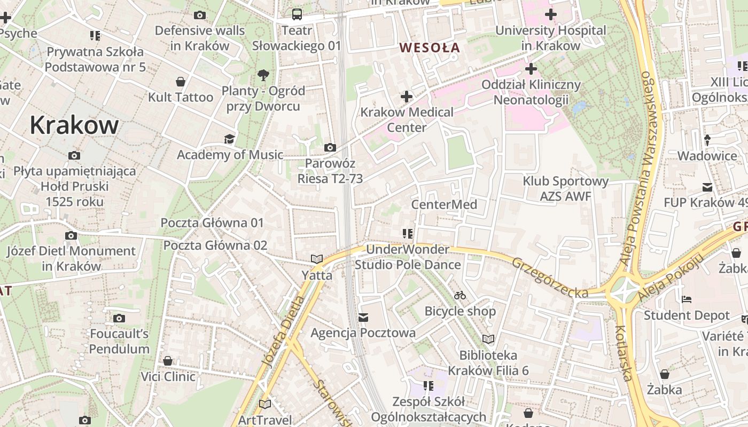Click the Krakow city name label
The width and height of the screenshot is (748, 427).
click(74, 125)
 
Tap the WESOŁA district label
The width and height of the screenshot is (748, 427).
click(430, 48)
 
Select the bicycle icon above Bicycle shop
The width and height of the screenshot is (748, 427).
click(460, 295)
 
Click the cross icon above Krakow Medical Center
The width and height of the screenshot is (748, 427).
click(407, 97)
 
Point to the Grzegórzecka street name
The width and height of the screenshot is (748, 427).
click(550, 278)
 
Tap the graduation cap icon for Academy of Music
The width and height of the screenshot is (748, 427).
click(229, 139)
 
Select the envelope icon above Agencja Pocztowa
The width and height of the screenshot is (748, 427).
click(363, 318)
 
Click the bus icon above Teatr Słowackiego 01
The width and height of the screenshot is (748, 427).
click(297, 14)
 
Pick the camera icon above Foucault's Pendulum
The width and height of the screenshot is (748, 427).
click(119, 319)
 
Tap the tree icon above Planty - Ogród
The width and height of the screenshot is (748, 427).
click(263, 75)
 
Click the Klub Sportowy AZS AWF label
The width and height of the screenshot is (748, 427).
click(565, 188)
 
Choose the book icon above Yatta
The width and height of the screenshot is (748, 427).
click(317, 259)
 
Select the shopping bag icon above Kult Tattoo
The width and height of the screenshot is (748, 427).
click(181, 82)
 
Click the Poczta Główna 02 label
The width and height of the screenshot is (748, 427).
click(215, 246)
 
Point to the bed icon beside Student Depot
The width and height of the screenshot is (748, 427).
click(687, 299)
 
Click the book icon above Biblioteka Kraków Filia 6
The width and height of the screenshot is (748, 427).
click(488, 339)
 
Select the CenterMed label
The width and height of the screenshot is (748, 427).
click(444, 204)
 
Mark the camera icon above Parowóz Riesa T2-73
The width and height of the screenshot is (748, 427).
click(330, 147)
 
